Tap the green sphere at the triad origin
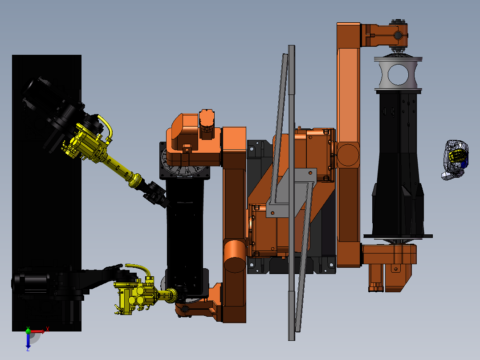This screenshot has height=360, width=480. pyautogui.click(x=28, y=331)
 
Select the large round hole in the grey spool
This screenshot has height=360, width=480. pyautogui.click(x=398, y=74)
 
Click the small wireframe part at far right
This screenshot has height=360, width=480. pyautogui.click(x=455, y=160)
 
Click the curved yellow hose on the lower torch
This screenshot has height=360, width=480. pyautogui.click(x=139, y=269)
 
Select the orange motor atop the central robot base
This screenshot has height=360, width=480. pyautogui.click(x=207, y=124)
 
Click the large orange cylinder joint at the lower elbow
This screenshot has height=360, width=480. pyautogui.click(x=235, y=256)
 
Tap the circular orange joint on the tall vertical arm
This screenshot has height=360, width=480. pyautogui.click(x=348, y=155)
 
